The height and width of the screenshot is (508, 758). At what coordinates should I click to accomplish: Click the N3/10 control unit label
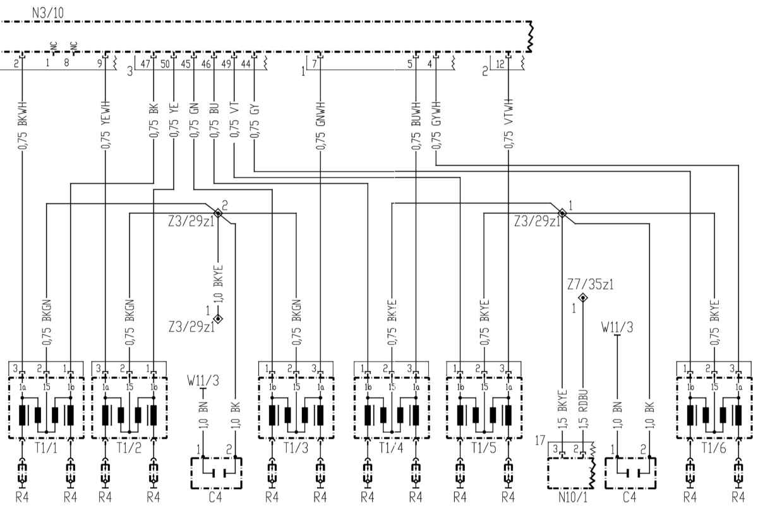pyautogui.click(x=51, y=11)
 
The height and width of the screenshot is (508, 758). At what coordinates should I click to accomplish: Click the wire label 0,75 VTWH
pyautogui.click(x=508, y=124)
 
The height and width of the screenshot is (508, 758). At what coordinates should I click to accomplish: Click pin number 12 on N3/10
pyautogui.click(x=500, y=63)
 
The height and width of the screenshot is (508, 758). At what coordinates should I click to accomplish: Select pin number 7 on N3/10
pyautogui.click(x=315, y=63)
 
